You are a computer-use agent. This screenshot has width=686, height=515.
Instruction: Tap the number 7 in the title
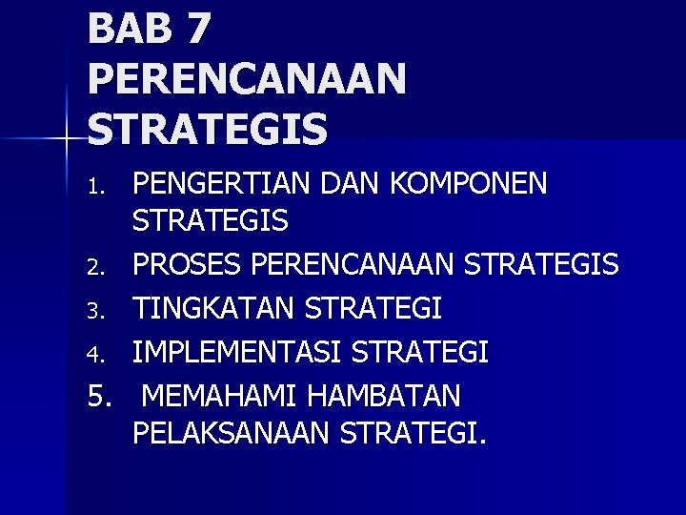[196, 28]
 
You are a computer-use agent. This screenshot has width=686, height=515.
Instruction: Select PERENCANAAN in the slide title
[247, 78]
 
